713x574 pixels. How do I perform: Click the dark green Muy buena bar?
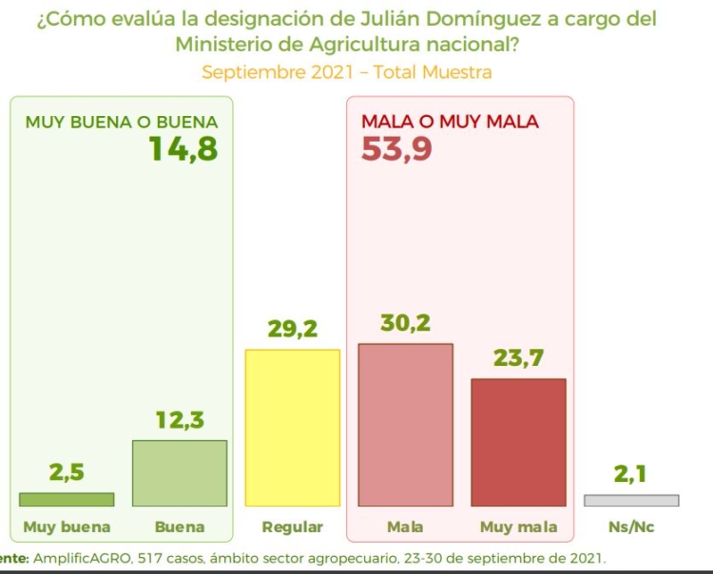(x=67, y=499)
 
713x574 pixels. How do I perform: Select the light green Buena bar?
(x=180, y=472)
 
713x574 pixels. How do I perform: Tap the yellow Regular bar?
(x=292, y=428)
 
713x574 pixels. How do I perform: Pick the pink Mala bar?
(x=405, y=425)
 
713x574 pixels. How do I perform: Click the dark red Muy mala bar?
(x=518, y=442)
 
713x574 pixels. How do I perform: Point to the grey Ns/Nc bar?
(x=631, y=500)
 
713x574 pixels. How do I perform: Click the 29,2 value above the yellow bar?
(x=292, y=330)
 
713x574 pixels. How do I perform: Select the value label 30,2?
(x=405, y=323)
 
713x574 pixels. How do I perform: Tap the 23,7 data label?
(x=518, y=358)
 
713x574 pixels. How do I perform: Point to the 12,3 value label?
(x=180, y=420)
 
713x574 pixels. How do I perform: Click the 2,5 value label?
(x=67, y=473)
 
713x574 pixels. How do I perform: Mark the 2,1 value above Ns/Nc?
(x=631, y=474)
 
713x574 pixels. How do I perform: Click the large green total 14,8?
(x=183, y=149)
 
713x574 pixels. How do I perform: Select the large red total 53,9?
(x=397, y=149)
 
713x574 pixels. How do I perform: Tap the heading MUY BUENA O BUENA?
(x=122, y=122)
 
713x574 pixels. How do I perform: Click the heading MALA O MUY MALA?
(x=450, y=122)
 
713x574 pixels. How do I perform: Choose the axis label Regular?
(x=292, y=526)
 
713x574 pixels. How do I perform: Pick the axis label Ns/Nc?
(x=631, y=526)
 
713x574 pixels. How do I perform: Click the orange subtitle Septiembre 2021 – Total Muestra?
(x=346, y=72)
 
